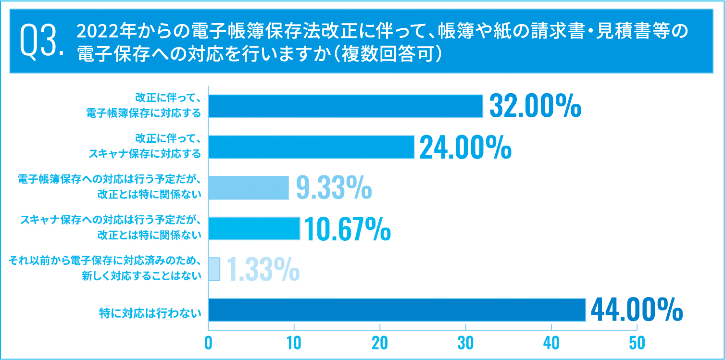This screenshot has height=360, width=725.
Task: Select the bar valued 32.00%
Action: (x=345, y=106)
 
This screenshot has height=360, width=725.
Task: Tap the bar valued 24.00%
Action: (x=311, y=147)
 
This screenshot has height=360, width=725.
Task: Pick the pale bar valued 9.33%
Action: (x=249, y=187)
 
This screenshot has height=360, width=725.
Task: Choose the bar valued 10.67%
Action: (x=254, y=228)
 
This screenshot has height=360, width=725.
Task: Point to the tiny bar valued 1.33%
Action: (x=214, y=269)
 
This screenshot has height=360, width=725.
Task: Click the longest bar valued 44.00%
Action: (x=397, y=310)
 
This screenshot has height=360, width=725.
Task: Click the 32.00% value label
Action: (x=535, y=106)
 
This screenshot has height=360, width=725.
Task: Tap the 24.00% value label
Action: (x=465, y=147)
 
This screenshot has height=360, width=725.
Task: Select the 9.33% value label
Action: (x=333, y=187)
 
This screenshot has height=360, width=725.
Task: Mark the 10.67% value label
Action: (x=347, y=229)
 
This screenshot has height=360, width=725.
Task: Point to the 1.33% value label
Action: (x=262, y=269)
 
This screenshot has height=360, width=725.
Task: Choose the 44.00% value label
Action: (x=636, y=310)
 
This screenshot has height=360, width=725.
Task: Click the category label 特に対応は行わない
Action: (x=150, y=314)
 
